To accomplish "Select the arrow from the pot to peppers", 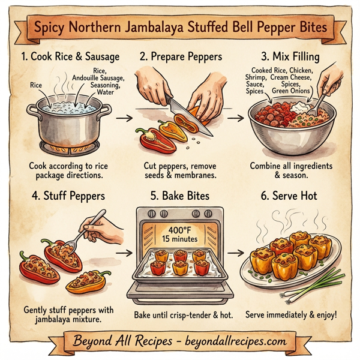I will click(123, 118).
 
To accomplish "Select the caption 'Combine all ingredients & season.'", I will click(292, 170).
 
